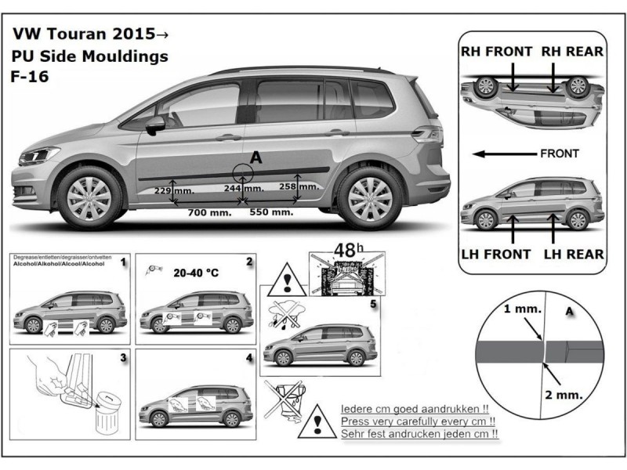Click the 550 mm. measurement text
271,212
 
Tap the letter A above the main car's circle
256,158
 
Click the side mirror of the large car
155,124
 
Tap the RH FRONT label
496,52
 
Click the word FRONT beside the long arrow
560,154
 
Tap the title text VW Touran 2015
90,35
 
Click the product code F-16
28,78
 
